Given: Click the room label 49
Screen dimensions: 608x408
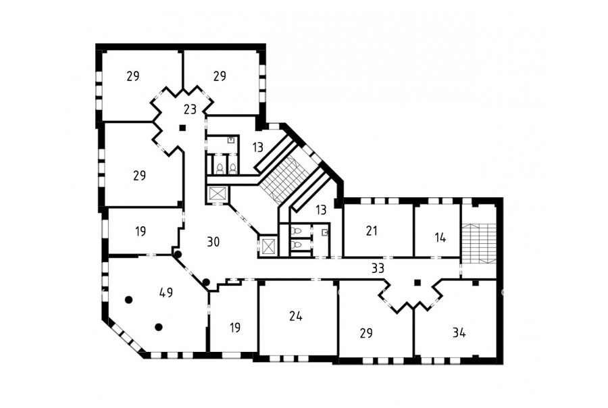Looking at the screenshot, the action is (x=166, y=292).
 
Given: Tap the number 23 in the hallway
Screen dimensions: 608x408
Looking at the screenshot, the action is (x=190, y=109).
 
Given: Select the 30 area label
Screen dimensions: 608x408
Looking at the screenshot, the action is (x=213, y=242).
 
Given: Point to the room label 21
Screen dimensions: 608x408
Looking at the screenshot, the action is (x=372, y=231).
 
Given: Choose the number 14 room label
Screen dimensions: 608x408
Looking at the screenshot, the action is (x=440, y=237).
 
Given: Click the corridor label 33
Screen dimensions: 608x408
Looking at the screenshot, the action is (x=378, y=268).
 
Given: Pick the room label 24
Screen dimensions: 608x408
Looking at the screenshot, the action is (x=296, y=317).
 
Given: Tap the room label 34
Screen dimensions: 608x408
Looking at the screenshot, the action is (x=459, y=333).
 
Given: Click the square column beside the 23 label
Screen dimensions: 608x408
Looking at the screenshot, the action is (x=182, y=127).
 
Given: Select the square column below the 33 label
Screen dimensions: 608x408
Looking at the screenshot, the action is (x=417, y=282).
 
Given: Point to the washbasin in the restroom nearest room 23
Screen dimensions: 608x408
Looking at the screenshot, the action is (x=231, y=140).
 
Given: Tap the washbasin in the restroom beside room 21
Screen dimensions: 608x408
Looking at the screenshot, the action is (x=326, y=232).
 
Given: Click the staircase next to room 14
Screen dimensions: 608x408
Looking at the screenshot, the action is (x=479, y=245).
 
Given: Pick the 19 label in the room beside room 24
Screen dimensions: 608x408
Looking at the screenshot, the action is (x=234, y=328).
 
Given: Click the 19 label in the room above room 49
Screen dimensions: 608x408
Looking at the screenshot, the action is (x=141, y=232).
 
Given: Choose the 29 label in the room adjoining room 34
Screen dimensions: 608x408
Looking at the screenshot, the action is (x=366, y=333).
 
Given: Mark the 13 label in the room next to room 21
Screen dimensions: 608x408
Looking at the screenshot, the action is (x=321, y=210).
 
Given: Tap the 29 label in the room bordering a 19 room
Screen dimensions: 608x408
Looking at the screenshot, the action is (x=139, y=176).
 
